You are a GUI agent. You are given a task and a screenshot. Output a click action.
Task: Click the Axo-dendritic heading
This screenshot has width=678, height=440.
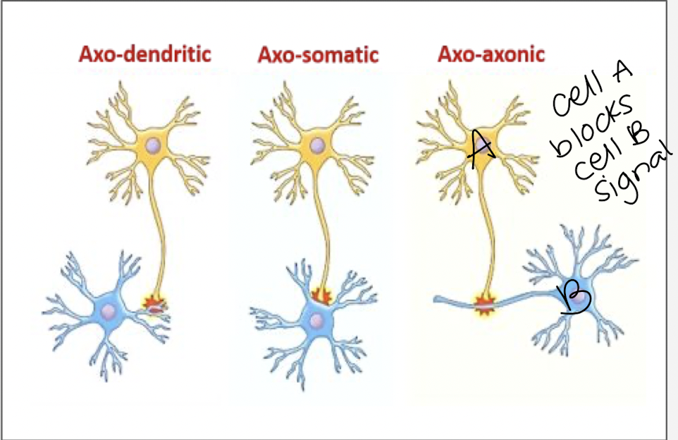point(144,54)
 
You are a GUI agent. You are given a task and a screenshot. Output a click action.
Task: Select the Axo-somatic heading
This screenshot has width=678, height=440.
point(318,54)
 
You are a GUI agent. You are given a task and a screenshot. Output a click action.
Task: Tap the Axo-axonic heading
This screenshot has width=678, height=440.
point(491,54)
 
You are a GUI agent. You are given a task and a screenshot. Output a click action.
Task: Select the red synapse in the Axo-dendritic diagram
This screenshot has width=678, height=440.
point(154,305)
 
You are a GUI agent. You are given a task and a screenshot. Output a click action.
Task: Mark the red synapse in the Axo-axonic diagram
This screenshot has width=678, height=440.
point(484,304)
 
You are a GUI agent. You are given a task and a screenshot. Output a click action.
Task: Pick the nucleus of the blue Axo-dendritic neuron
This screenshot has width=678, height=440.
point(108,311)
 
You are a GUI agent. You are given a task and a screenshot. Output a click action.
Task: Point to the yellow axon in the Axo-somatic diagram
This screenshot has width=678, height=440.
point(326,226)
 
